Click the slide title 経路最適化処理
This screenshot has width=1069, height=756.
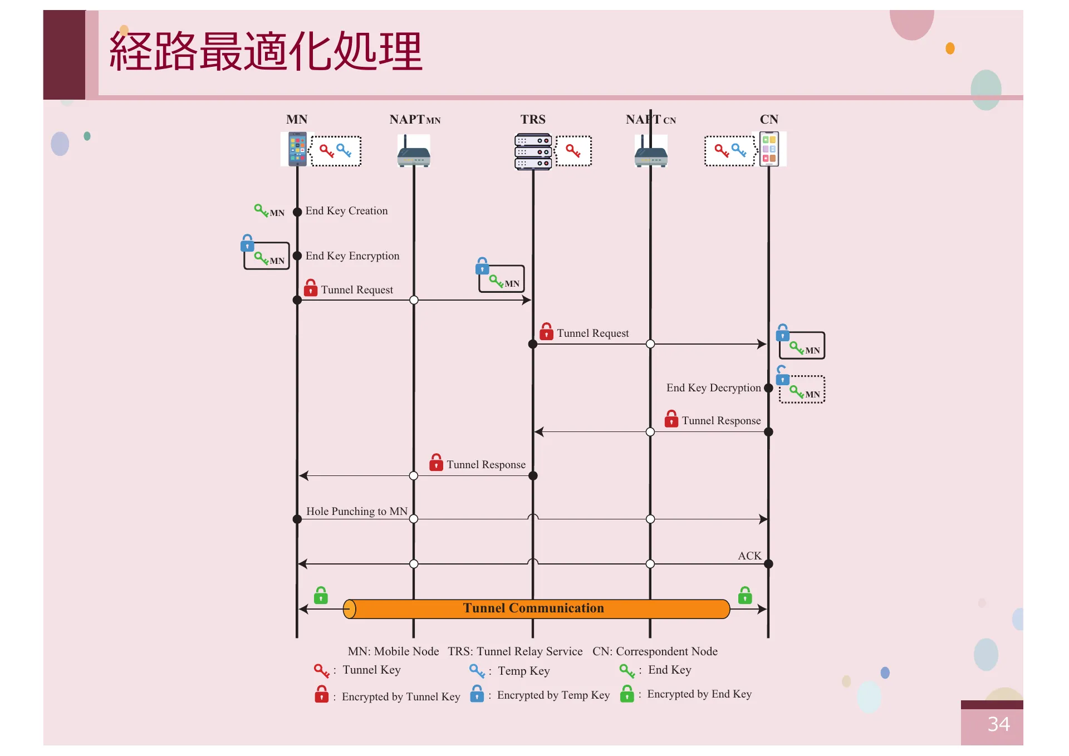pos(266,51)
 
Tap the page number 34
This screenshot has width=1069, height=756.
pos(998,724)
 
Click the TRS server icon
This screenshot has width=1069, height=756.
pos(533,151)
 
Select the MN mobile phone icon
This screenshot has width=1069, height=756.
pos(297,149)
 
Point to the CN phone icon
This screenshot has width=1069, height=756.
pos(769,149)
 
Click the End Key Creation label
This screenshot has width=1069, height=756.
pos(346,211)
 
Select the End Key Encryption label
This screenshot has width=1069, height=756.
pos(352,256)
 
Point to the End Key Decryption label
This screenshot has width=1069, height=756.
pos(713,388)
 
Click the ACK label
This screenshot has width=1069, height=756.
pos(749,556)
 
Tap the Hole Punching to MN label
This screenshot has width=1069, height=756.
pos(356,511)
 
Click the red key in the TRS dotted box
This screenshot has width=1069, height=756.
pos(573,150)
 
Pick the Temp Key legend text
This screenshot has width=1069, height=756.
pos(523,671)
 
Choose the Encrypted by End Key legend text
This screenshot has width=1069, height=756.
pos(699,694)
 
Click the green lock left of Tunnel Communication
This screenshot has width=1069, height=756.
pos(321,596)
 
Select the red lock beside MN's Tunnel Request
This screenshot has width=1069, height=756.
pos(311,288)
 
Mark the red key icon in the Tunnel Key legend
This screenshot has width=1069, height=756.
pos(321,670)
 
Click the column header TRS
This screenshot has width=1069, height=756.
pos(533,120)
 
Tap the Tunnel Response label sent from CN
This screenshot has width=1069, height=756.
pos(721,421)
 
